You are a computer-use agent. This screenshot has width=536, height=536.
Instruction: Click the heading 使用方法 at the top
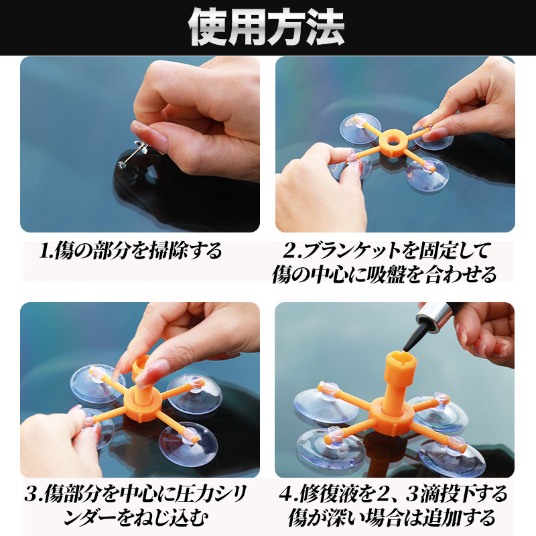266,27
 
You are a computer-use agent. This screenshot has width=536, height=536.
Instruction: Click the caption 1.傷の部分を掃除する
130,251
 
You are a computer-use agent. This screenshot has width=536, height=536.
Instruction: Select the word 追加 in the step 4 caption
441,518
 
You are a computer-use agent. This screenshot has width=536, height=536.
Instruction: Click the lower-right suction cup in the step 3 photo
188,444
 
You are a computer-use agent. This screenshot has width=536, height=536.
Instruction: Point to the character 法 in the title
325,27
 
